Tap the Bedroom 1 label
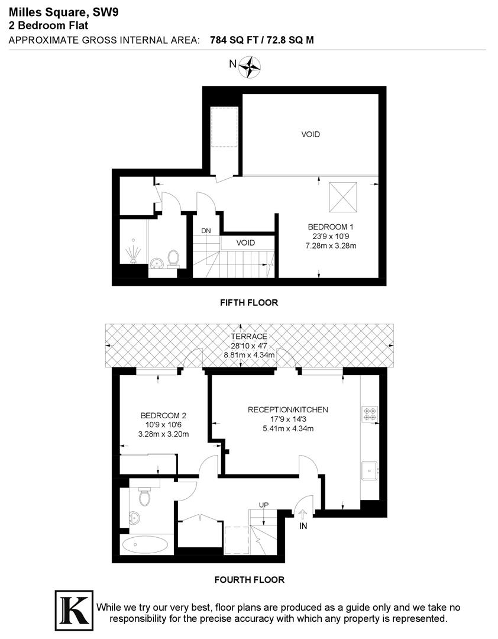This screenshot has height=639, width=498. click(331, 227)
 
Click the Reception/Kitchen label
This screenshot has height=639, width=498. click(287, 409)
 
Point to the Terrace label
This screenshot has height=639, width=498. click(248, 337)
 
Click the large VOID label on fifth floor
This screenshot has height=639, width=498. click(311, 134)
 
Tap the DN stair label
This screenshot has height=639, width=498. click(206, 231)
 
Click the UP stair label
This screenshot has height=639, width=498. click(264, 505)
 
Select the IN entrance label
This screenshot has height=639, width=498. click(303, 526)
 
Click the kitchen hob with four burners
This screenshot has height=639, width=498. click(371, 413)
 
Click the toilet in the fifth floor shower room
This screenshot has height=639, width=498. click(173, 258)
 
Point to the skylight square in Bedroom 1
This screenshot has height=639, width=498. click(344, 196)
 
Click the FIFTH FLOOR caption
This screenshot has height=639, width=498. click(248, 302)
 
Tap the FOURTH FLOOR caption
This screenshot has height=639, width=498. click(249, 580)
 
